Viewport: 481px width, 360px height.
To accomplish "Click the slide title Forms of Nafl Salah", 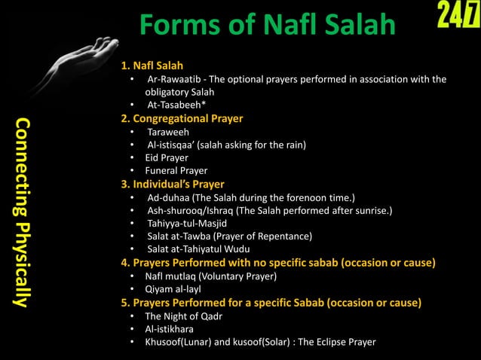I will point(267,26).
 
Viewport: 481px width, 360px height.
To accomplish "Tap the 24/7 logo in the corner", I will point(455,17).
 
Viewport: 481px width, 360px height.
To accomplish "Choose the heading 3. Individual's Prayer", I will point(173,184).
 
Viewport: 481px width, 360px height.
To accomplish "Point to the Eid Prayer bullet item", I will point(167,158).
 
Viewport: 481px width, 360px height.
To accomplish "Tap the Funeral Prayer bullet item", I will point(176,171).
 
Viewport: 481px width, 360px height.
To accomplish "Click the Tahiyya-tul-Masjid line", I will point(187,224).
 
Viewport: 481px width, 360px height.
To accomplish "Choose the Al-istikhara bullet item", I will point(170,329).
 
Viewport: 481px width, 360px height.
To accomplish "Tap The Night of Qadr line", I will point(183,316).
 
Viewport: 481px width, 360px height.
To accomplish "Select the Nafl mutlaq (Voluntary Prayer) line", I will point(210,276).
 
